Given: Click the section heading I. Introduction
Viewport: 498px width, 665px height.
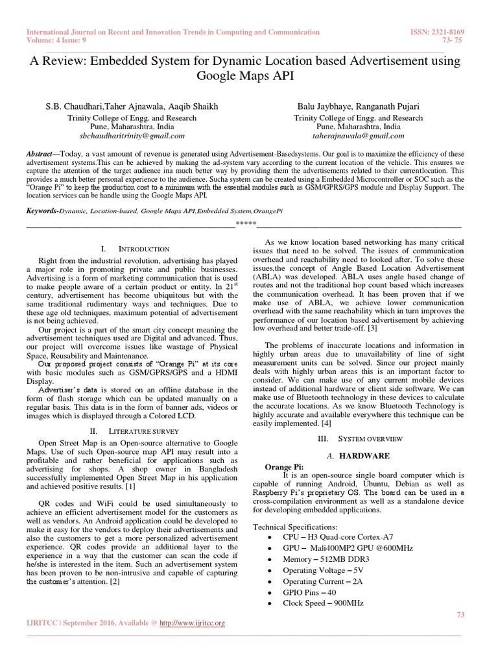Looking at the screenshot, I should (136, 249).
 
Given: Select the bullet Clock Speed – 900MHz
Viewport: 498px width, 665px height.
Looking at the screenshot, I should (323, 603).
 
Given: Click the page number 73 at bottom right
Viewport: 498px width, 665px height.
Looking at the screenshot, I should (461, 614).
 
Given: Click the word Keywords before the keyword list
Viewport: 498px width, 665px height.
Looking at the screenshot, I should (41, 211).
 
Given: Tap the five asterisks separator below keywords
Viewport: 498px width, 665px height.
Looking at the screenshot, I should (246, 225).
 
